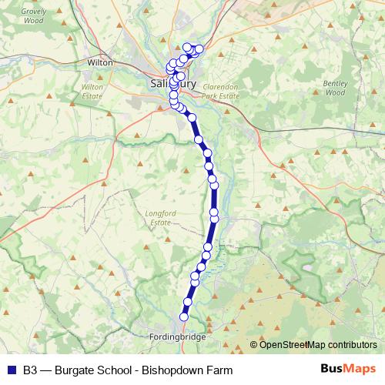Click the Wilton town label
point(101,62)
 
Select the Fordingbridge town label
point(179,336)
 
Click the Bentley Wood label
point(335,87)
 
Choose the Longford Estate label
point(159,217)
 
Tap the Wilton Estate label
point(92,92)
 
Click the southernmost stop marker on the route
point(184,316)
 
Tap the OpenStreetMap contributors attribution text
point(318,345)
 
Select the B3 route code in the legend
point(31,370)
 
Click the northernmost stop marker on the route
point(187,47)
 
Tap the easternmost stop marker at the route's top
point(199,50)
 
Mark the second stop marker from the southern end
point(187,302)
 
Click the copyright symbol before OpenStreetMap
point(254,345)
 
